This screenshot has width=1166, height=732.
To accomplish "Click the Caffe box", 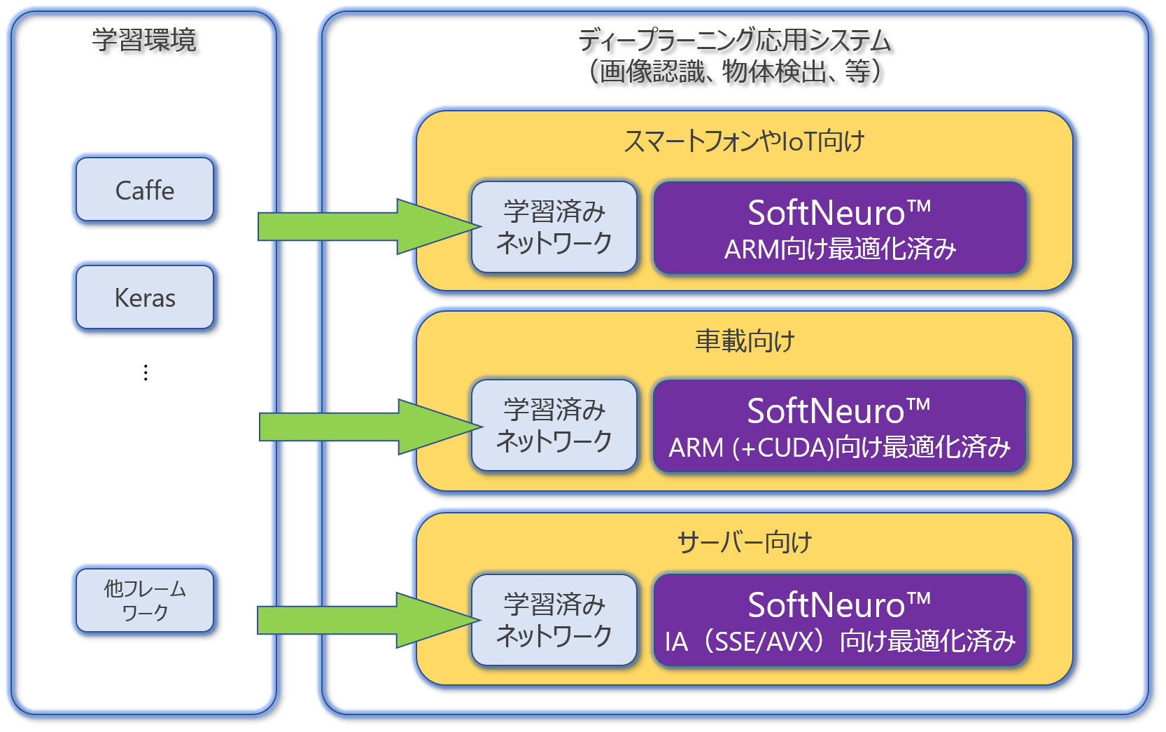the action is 145,190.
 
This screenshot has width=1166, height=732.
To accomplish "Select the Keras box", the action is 145,298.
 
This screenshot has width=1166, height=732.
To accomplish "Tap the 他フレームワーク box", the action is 145,601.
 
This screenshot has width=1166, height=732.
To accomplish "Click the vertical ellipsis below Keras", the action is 146,373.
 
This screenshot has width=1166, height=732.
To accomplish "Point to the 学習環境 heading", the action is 144,40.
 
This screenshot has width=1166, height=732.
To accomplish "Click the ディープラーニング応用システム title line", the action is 734,41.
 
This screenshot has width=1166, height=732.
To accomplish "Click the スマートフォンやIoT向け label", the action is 745,141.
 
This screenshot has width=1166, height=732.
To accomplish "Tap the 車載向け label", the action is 745,341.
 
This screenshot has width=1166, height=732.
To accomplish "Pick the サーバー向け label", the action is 745,542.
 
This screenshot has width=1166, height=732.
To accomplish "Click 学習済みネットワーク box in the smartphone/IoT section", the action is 554,227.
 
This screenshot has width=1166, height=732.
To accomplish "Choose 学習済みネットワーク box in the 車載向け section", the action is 554,425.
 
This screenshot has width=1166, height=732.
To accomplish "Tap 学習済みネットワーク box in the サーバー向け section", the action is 554,620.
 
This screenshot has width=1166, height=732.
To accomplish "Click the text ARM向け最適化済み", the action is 840,249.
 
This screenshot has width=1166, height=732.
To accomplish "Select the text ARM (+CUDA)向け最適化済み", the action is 840,448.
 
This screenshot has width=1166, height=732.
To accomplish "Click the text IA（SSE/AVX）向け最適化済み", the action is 840,642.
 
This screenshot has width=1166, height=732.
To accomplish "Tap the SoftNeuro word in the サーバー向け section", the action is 827,605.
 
